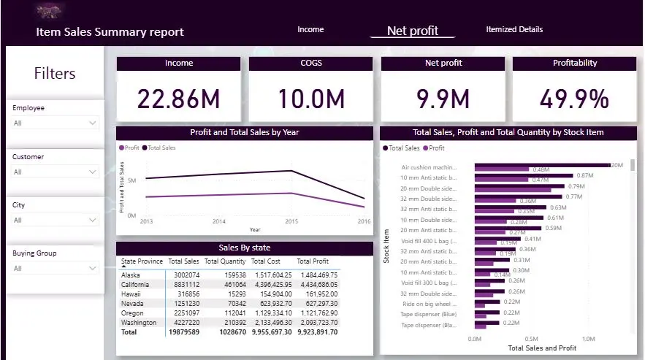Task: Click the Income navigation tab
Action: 310,30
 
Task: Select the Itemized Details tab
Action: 514,30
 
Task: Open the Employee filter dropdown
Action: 55,123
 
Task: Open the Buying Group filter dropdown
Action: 55,269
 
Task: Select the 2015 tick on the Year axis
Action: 291,221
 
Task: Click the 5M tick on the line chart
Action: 131,180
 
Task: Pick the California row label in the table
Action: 136,285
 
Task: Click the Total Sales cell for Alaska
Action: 185,275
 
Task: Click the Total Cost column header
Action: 267,261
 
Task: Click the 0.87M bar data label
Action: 584,176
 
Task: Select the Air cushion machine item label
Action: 429,167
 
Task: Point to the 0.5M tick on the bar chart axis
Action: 531,339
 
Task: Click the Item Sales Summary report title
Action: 110,32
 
